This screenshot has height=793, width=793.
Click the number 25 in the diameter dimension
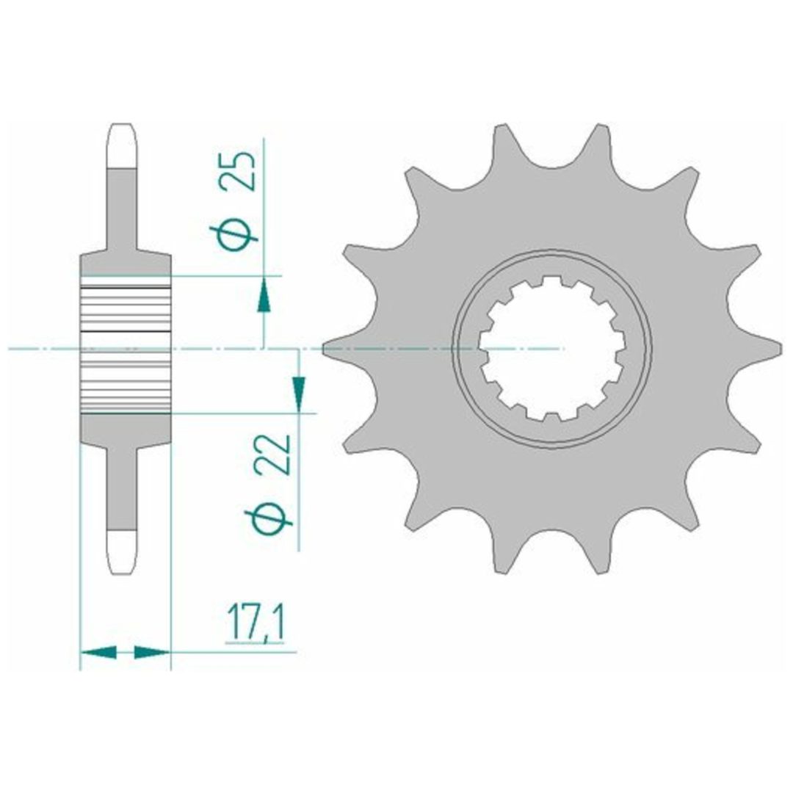(x=237, y=170)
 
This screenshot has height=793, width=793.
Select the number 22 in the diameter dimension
(x=272, y=455)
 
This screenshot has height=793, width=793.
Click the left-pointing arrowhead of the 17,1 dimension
(x=98, y=652)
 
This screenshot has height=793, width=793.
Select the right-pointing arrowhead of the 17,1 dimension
(x=152, y=652)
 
